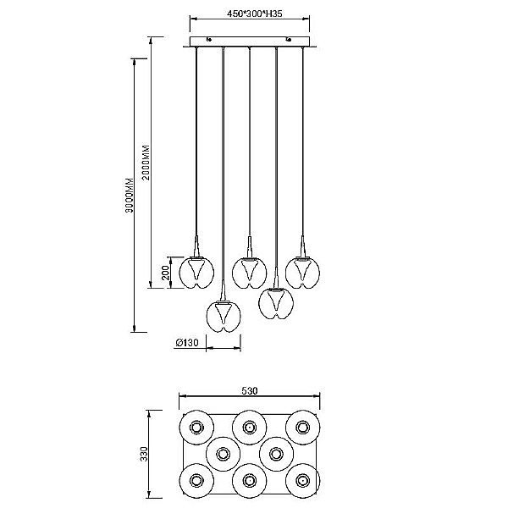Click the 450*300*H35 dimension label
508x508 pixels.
[x=254, y=14]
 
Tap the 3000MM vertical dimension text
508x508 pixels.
[x=130, y=195]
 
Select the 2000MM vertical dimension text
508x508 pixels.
[x=146, y=163]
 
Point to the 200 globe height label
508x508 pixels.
[x=165, y=273]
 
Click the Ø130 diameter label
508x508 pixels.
[x=186, y=342]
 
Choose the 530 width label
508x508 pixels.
[x=250, y=390]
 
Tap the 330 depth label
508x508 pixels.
[x=144, y=454]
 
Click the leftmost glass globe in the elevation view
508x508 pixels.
[x=196, y=273]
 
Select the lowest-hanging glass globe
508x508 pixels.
[x=224, y=317]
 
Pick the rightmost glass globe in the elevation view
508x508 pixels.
[x=302, y=273]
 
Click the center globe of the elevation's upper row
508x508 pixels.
[x=250, y=273]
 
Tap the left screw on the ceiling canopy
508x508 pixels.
[x=209, y=40]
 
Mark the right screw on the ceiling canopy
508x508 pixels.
[x=288, y=40]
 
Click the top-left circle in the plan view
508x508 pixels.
[x=196, y=428]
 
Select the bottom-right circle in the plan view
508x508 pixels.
[x=302, y=481]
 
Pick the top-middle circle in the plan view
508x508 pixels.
[x=250, y=428]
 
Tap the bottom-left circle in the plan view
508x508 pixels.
[x=196, y=481]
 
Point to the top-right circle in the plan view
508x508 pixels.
[x=302, y=428]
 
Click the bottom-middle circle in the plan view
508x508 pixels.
[x=250, y=481]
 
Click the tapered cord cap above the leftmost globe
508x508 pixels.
[x=196, y=246]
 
